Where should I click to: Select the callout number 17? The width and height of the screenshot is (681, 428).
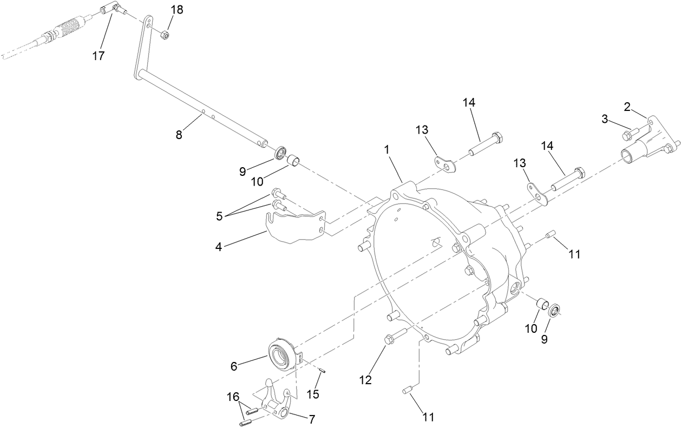99,56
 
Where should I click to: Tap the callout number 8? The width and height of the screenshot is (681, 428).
179,135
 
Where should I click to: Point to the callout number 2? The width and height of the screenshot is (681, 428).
627,107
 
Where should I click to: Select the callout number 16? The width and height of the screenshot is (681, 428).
232,397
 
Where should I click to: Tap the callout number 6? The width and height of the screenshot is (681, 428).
234,366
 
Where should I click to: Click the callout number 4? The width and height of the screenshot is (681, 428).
219,247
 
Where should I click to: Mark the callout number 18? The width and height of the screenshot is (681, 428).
177,10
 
